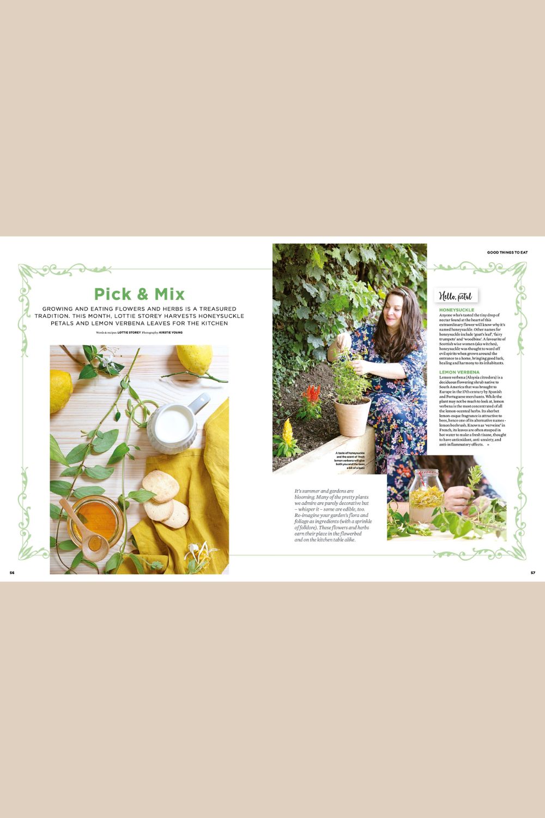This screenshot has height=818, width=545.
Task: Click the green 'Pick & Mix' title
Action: click(x=140, y=294)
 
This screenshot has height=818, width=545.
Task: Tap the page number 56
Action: click(x=12, y=573)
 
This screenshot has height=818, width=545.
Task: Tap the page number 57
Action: click(x=533, y=573)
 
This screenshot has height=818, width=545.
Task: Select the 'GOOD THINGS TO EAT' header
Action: click(x=507, y=252)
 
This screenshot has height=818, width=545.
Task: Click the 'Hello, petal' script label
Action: click(x=456, y=296)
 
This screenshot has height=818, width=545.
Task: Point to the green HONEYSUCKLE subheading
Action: click(x=457, y=310)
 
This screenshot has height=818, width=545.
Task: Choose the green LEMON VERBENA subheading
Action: click(x=459, y=372)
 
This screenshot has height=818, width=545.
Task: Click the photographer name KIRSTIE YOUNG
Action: click(x=171, y=332)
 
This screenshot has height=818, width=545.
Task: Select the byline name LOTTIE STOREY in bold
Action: click(x=129, y=332)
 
